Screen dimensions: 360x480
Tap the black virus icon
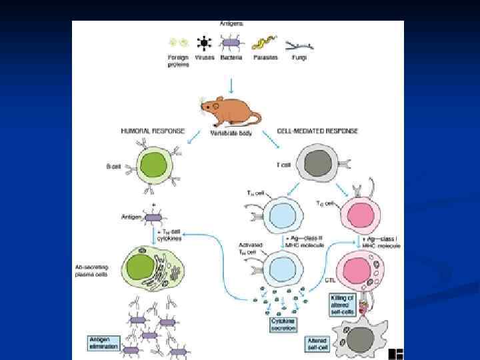203,43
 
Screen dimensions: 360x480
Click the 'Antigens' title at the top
231,24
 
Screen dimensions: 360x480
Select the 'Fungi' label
299,57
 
